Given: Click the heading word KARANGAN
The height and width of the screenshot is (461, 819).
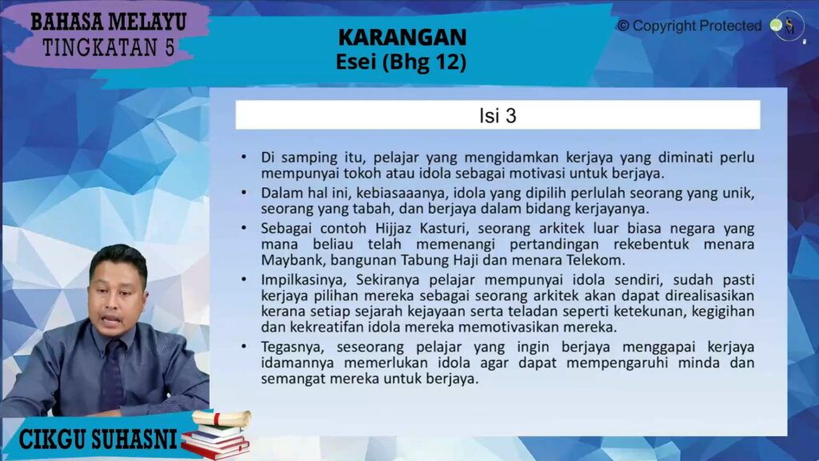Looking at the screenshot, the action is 402,37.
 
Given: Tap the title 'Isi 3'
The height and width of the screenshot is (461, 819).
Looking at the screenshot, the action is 497,115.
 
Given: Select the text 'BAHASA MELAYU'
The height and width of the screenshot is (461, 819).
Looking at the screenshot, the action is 108,22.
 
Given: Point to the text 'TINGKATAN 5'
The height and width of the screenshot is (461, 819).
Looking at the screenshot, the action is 109,47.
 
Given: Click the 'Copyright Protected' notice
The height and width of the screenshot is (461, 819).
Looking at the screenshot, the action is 689,26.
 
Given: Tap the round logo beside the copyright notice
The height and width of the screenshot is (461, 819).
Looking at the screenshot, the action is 787,26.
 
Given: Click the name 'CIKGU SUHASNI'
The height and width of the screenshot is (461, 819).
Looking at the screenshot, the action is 98,439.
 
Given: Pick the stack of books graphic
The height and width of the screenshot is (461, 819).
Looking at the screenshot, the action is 217,435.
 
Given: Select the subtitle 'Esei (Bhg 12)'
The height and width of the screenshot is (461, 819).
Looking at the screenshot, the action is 402,62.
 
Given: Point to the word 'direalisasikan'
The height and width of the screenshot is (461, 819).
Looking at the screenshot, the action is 709,296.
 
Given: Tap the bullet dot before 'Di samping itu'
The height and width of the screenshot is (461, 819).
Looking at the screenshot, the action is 244,157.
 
